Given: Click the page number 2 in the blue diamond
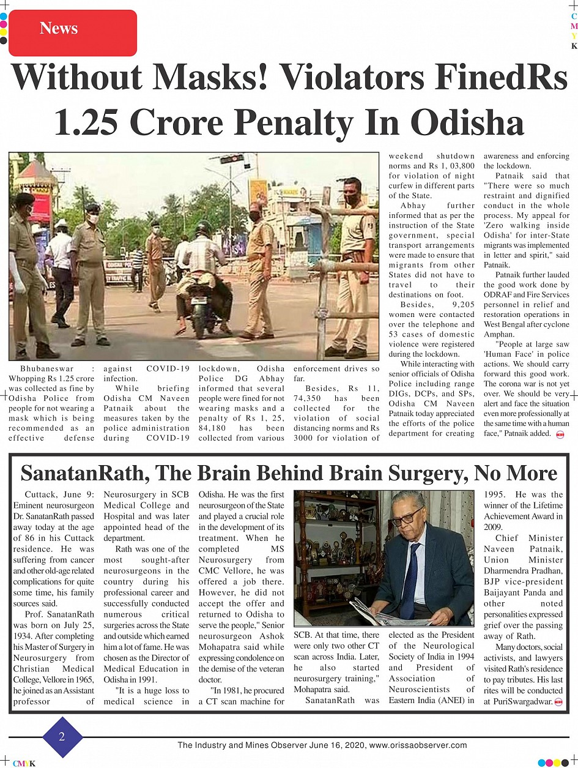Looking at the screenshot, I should (62, 737).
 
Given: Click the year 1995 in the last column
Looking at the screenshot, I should (496, 494).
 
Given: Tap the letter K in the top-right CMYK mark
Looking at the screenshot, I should (574, 47).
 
